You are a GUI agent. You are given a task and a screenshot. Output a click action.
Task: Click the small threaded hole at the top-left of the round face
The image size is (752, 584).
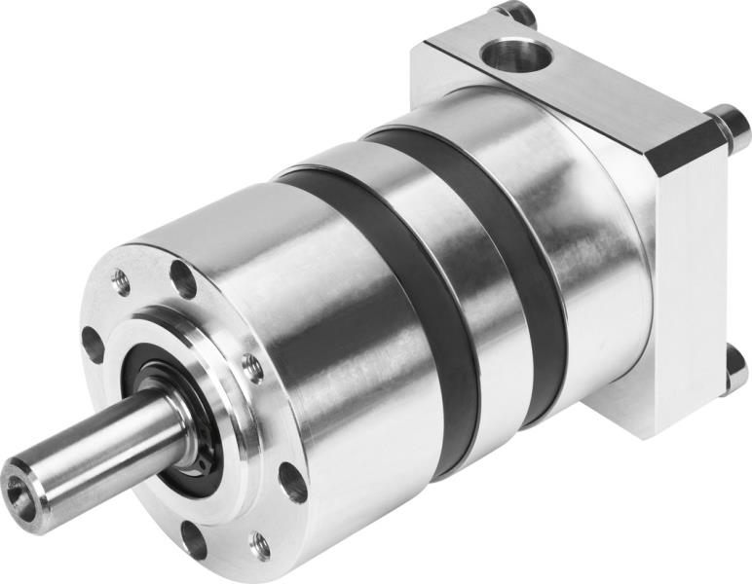tap(122, 282)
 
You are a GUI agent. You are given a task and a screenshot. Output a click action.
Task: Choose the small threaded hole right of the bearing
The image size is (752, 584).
tap(252, 368)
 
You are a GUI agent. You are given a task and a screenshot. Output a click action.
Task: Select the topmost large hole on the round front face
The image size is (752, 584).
tap(182, 279)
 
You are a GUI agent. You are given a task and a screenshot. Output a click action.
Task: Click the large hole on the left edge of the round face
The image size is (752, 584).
tap(93, 344)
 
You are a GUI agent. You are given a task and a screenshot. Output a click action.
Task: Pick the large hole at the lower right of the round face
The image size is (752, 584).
tap(292, 481)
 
